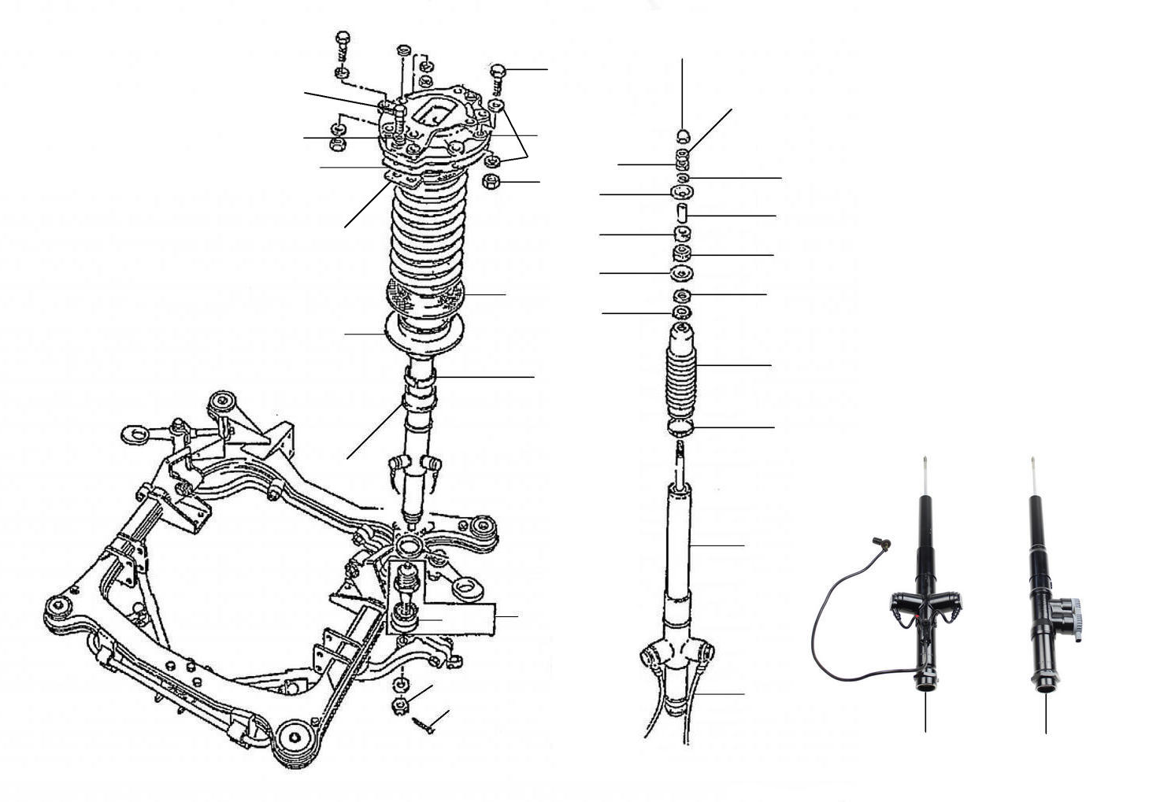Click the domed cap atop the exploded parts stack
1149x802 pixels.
pos(682,131)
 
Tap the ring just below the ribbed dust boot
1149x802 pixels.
pos(681,427)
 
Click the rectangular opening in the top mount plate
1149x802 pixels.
pos(432,109)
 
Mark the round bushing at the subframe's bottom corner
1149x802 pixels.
pos(296,740)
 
